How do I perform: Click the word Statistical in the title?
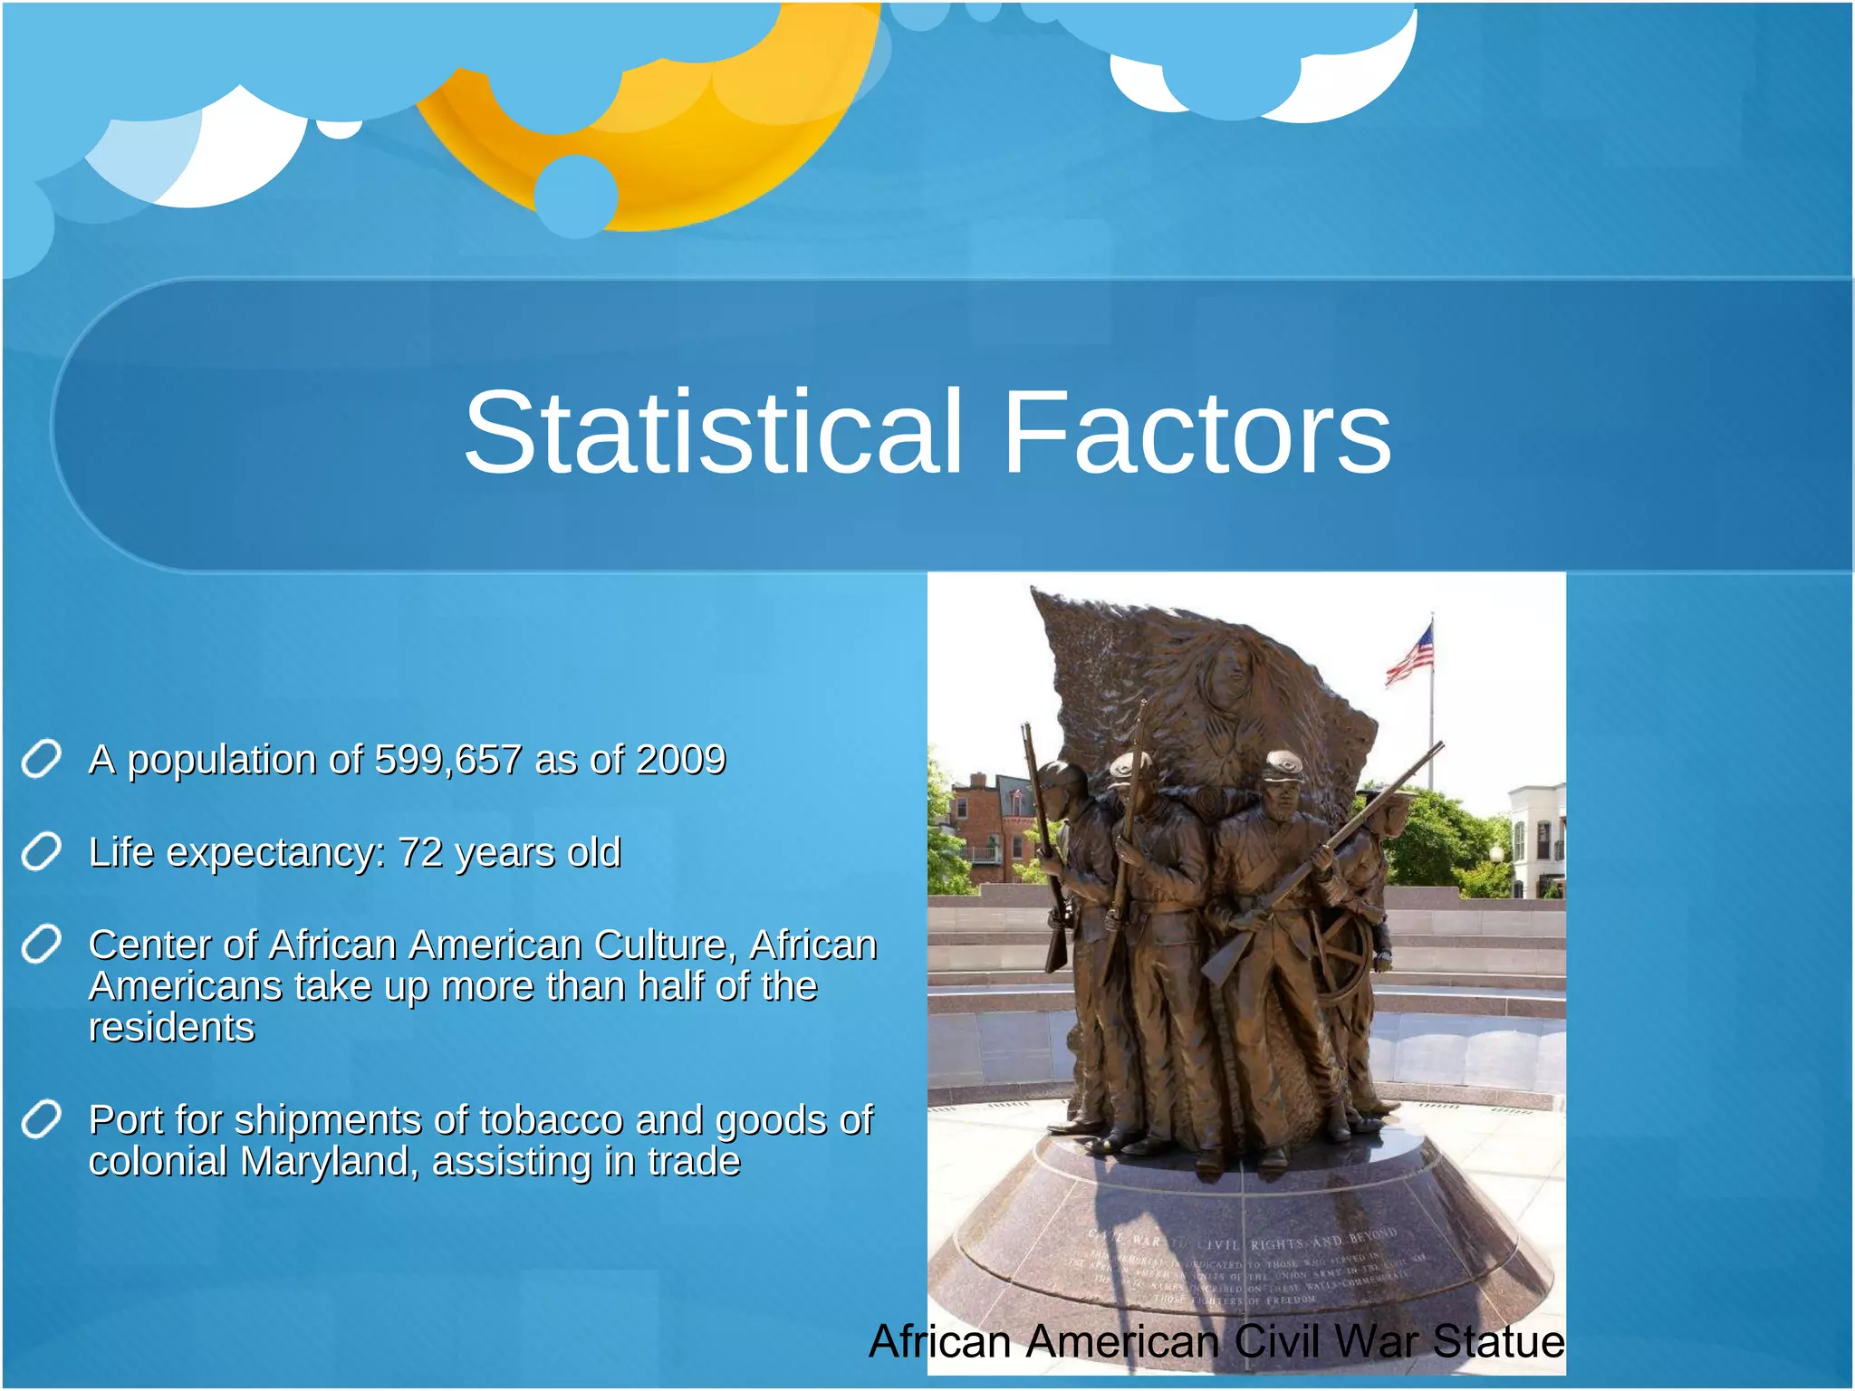(712, 433)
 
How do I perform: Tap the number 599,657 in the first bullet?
(448, 760)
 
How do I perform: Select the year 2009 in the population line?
(681, 760)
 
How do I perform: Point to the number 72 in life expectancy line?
(420, 853)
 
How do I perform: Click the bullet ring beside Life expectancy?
(42, 852)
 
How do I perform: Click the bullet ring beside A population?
(42, 759)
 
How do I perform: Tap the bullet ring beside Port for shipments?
(42, 1120)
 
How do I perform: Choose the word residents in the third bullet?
(171, 1029)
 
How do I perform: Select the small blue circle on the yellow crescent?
(576, 196)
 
